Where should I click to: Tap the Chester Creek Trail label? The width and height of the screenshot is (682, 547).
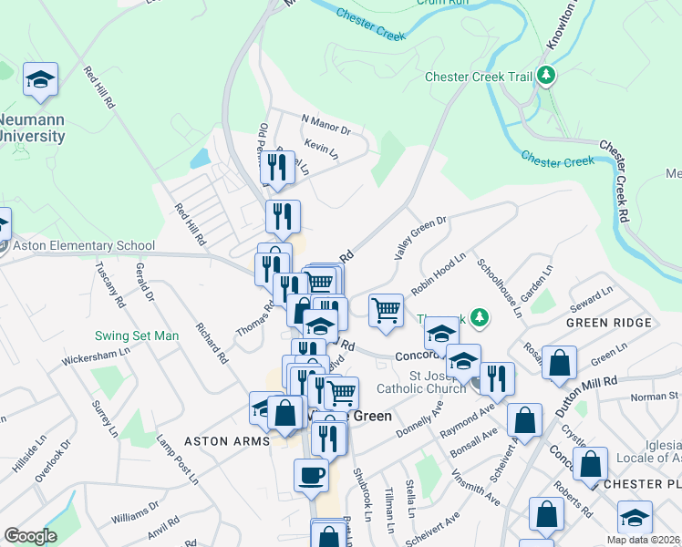pyautogui.click(x=478, y=77)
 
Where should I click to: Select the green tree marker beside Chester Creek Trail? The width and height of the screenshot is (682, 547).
pyautogui.click(x=546, y=75)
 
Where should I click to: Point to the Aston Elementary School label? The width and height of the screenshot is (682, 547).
pyautogui.click(x=83, y=246)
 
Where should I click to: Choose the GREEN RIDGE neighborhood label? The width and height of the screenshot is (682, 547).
pyautogui.click(x=609, y=323)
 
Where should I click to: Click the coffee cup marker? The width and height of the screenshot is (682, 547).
pyautogui.click(x=311, y=474)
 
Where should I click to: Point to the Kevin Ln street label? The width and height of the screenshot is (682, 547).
pyautogui.click(x=321, y=147)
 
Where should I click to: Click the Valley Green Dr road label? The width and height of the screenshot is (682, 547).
pyautogui.click(x=420, y=237)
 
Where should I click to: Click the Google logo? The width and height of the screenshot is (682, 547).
pyautogui.click(x=29, y=536)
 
